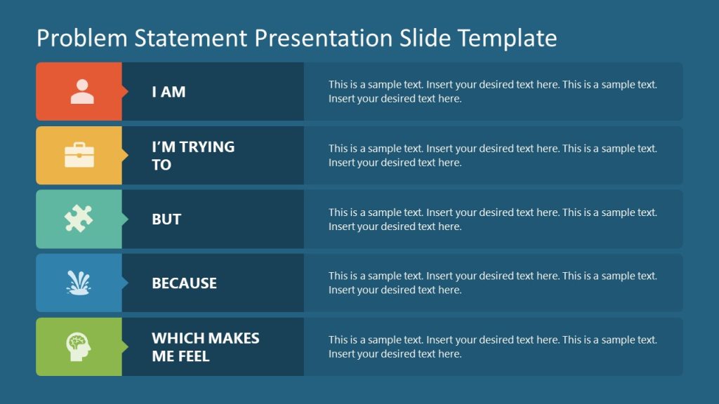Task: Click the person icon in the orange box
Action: click(82, 91)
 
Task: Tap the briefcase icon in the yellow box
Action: click(79, 155)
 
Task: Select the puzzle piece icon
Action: click(79, 219)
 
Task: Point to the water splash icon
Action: click(79, 283)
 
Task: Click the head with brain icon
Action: click(79, 346)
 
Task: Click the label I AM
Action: click(169, 92)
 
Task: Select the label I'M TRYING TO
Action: click(193, 156)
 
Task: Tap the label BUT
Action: click(166, 220)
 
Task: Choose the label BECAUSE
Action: click(184, 283)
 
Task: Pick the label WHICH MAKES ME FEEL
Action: click(205, 347)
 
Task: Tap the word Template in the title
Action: click(507, 38)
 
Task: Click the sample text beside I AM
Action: click(492, 92)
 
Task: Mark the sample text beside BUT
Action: click(492, 220)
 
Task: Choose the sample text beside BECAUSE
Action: click(492, 283)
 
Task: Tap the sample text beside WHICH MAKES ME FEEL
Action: click(492, 347)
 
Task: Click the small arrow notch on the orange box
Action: click(125, 91)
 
